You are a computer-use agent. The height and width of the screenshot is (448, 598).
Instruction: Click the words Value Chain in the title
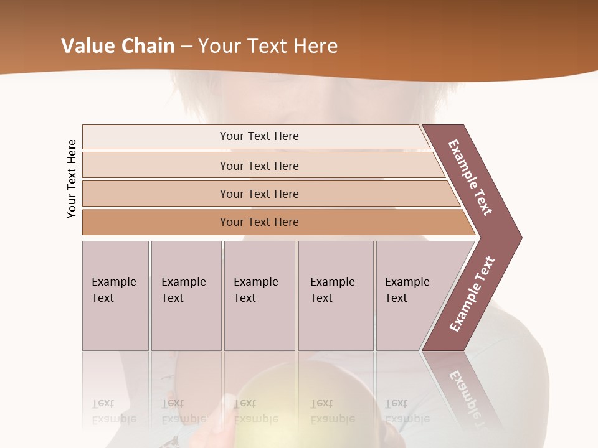point(117,46)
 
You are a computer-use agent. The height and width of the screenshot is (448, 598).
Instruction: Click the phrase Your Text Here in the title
point(268,46)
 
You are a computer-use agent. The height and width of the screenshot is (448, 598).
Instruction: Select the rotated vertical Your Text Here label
point(72,179)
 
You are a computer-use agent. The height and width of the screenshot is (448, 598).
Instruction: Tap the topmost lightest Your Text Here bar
point(259,136)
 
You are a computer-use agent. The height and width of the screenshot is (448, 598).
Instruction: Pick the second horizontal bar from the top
point(259,166)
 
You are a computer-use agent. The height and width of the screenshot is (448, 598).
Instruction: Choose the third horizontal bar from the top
point(259,194)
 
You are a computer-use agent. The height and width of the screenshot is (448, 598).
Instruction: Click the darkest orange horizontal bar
point(259,222)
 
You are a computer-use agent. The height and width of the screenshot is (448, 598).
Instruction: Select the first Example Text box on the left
point(115,296)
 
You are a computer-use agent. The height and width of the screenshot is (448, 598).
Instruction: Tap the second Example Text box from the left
point(186,296)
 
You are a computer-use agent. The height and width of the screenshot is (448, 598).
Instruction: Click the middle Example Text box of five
point(259,296)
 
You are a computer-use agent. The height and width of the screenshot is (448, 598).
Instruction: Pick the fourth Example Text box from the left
point(335,296)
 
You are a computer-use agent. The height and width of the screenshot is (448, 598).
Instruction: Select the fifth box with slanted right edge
point(411,296)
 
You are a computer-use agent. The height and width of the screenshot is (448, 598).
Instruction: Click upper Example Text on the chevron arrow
point(471,177)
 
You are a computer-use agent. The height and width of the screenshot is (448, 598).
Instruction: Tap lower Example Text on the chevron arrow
point(472,294)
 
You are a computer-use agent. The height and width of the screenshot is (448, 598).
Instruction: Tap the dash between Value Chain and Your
point(186,47)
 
